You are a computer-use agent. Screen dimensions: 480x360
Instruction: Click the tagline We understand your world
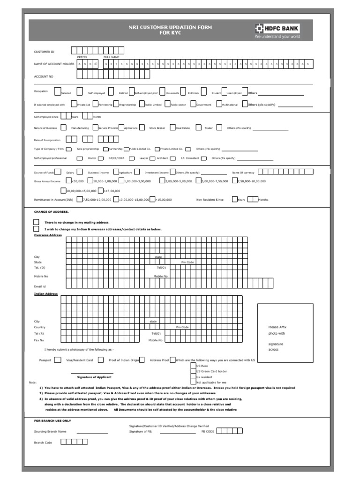277,37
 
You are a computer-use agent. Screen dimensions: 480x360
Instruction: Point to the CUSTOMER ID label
44,52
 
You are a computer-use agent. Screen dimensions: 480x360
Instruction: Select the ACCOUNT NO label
44,76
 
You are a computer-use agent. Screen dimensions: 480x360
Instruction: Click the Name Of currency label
243,172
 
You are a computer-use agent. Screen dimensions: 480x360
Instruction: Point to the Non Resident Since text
210,200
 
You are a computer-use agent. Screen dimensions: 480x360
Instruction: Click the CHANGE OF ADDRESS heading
51,211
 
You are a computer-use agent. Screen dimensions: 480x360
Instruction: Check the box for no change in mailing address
36,222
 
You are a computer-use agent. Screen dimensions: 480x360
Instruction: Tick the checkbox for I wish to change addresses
36,229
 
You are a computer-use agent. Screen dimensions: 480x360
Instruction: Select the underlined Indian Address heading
46,294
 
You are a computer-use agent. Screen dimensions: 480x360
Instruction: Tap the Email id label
40,286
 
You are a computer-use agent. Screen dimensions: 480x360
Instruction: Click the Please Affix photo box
285,333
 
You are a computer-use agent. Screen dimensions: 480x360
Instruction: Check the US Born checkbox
194,366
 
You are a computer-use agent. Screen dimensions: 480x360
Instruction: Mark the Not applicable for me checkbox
194,382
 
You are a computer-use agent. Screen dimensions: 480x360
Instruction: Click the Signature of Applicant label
94,377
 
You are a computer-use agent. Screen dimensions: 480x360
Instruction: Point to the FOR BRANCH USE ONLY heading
52,420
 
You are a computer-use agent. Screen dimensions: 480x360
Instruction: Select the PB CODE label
208,431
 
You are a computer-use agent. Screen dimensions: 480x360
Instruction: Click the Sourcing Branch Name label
50,431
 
